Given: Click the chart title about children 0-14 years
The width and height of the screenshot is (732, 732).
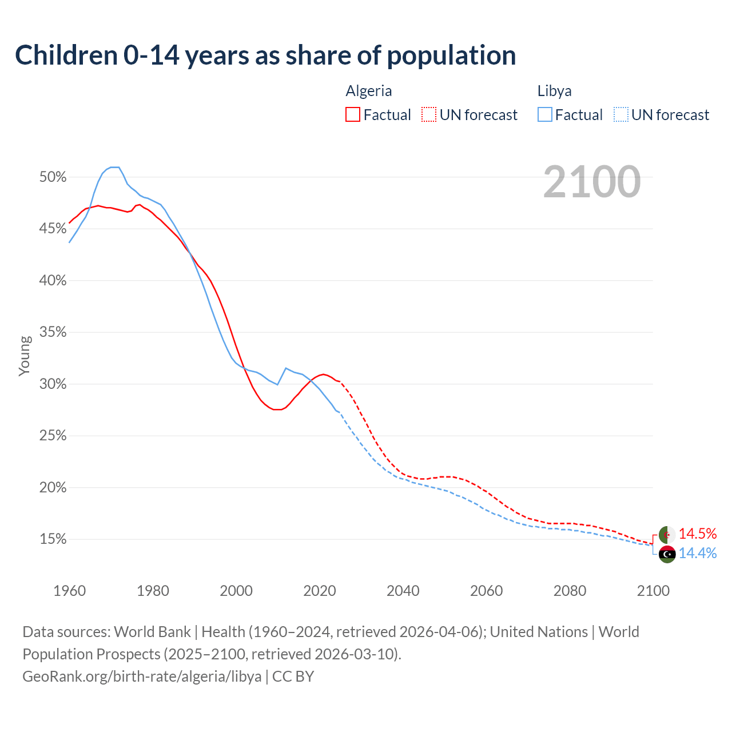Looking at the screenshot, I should [x=265, y=55].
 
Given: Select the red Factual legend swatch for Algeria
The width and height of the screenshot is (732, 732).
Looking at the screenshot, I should [x=353, y=115].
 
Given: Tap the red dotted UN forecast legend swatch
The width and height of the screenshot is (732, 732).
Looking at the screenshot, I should [x=429, y=115].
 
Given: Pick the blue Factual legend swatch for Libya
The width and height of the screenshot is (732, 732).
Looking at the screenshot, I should [x=545, y=115].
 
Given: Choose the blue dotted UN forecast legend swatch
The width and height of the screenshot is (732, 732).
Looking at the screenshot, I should [x=621, y=115].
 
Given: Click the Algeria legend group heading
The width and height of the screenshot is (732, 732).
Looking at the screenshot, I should [x=369, y=91].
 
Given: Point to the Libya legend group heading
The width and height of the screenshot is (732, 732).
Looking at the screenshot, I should [x=554, y=91].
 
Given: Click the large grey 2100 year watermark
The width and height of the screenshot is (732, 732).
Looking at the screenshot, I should [x=592, y=182].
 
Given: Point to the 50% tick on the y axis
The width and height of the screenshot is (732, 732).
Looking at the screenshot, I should [x=53, y=177].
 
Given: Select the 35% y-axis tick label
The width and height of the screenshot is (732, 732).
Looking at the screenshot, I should [x=53, y=332].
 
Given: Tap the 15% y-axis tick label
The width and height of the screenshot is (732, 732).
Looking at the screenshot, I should [x=53, y=539].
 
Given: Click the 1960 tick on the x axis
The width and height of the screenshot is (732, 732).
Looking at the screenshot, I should [x=69, y=591].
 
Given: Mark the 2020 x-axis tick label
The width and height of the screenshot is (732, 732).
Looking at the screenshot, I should [x=320, y=591].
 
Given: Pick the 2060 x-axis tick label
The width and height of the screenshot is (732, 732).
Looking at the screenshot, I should [x=486, y=591].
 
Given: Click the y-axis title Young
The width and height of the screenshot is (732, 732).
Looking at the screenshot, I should [x=25, y=356].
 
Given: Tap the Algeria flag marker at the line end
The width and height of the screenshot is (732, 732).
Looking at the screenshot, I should [x=667, y=535].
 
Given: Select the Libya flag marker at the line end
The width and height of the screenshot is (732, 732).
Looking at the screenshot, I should [x=667, y=554].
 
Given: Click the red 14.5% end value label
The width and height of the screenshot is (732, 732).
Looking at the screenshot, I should [x=698, y=534].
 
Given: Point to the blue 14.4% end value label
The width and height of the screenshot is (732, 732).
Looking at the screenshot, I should [x=698, y=553].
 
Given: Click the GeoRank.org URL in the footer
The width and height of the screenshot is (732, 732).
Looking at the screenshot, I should [x=142, y=677].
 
